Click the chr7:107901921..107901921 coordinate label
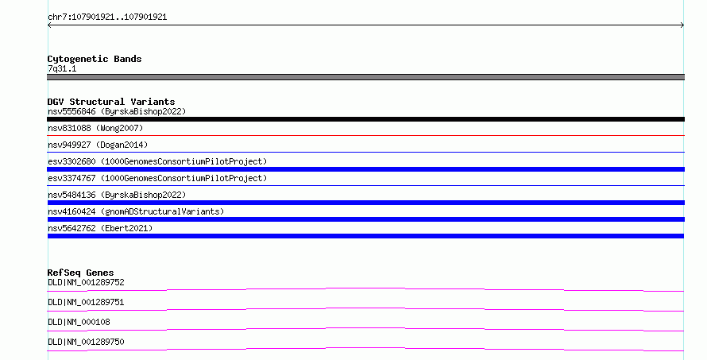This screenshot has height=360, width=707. pyautogui.click(x=107, y=17)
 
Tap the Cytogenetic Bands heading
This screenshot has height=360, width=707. pyautogui.click(x=95, y=59)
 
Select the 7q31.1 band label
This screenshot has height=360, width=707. pyautogui.click(x=62, y=68)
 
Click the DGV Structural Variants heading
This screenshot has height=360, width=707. pyautogui.click(x=111, y=102)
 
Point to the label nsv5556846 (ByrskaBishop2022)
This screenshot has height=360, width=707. pyautogui.click(x=117, y=111)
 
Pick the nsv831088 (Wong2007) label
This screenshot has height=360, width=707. pyautogui.click(x=95, y=128)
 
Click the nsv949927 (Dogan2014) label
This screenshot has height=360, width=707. pyautogui.click(x=98, y=145)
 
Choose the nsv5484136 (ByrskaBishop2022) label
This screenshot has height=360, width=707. pyautogui.click(x=117, y=195)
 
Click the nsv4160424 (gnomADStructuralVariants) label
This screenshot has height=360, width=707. pyautogui.click(x=136, y=211)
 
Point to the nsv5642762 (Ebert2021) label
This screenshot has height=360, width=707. pyautogui.click(x=100, y=228)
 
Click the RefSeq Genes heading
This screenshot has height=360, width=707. pyautogui.click(x=80, y=273)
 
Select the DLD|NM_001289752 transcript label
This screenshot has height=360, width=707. pyautogui.click(x=86, y=282)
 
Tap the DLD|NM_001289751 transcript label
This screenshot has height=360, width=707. pyautogui.click(x=86, y=302)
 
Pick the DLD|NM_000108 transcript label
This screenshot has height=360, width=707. pyautogui.click(x=79, y=322)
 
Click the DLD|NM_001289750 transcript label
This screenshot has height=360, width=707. pyautogui.click(x=86, y=342)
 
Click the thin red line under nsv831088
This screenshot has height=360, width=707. pyautogui.click(x=365, y=135)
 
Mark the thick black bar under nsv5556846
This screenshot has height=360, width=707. pyautogui.click(x=365, y=119)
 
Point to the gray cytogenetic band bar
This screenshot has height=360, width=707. pyautogui.click(x=365, y=77)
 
